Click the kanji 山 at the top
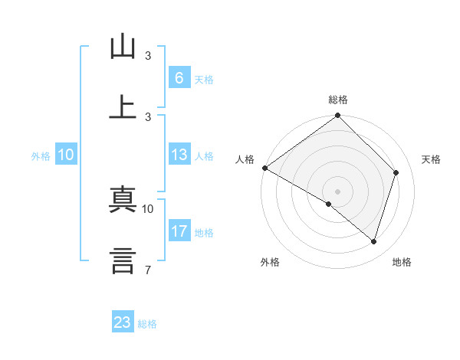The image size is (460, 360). coord(123,47)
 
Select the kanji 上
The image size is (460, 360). coord(123,107)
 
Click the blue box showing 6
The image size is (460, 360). coord(179,77)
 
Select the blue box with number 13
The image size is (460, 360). coord(179,155)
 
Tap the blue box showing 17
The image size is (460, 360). coord(179,231)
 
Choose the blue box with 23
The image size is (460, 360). coord(123,322)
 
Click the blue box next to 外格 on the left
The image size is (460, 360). coord(65,155)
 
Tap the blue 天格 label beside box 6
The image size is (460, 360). coord(204,80)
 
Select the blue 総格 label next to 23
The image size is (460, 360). coord(148,324)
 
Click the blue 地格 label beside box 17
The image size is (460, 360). coord(204,233)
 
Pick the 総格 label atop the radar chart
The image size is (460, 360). coord(338,100)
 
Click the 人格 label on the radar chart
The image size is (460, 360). coord(245,159)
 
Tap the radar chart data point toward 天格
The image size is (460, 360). coord(396,172)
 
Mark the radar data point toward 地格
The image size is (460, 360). coord(373,241)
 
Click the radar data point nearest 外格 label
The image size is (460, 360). coord(329,204)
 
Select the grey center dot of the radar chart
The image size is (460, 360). coord(338,191)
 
